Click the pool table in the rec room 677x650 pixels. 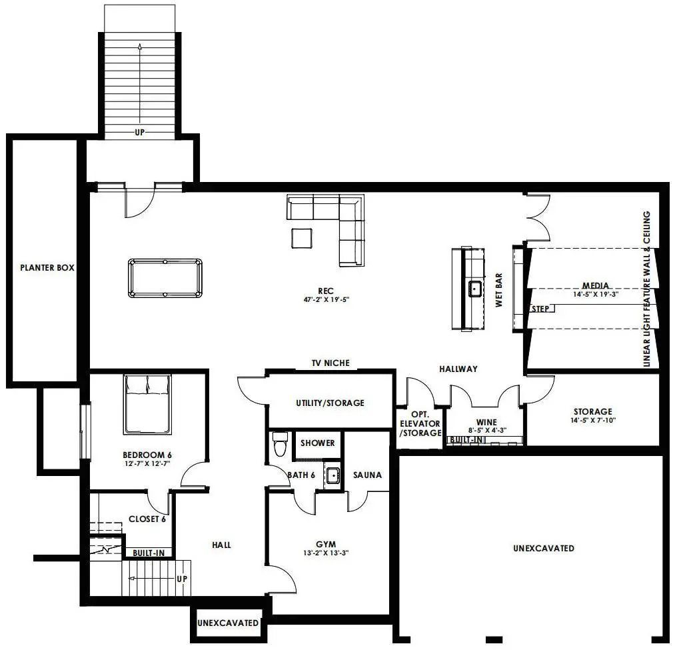(x=165, y=278)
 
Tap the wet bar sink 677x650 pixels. (x=475, y=288)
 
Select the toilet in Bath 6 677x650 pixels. (x=280, y=443)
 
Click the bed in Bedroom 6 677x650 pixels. (x=147, y=404)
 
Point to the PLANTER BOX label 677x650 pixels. (x=47, y=268)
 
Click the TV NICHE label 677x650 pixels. (x=331, y=363)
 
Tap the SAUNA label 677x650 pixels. (x=367, y=475)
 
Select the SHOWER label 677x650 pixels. (x=318, y=443)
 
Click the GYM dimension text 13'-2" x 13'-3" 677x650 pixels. (x=326, y=553)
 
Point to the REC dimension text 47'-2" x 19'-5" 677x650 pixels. (x=326, y=299)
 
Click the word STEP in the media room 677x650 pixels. (x=540, y=309)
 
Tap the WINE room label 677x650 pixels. (x=486, y=422)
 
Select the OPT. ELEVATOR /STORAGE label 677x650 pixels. (x=420, y=424)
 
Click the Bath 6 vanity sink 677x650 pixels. (x=333, y=475)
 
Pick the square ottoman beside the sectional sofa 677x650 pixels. (x=301, y=238)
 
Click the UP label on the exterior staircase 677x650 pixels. (x=139, y=133)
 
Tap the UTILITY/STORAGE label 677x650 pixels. (x=331, y=403)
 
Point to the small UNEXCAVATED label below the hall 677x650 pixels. (x=228, y=623)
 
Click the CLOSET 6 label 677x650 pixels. (x=147, y=519)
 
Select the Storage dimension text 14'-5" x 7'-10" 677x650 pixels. (x=593, y=420)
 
